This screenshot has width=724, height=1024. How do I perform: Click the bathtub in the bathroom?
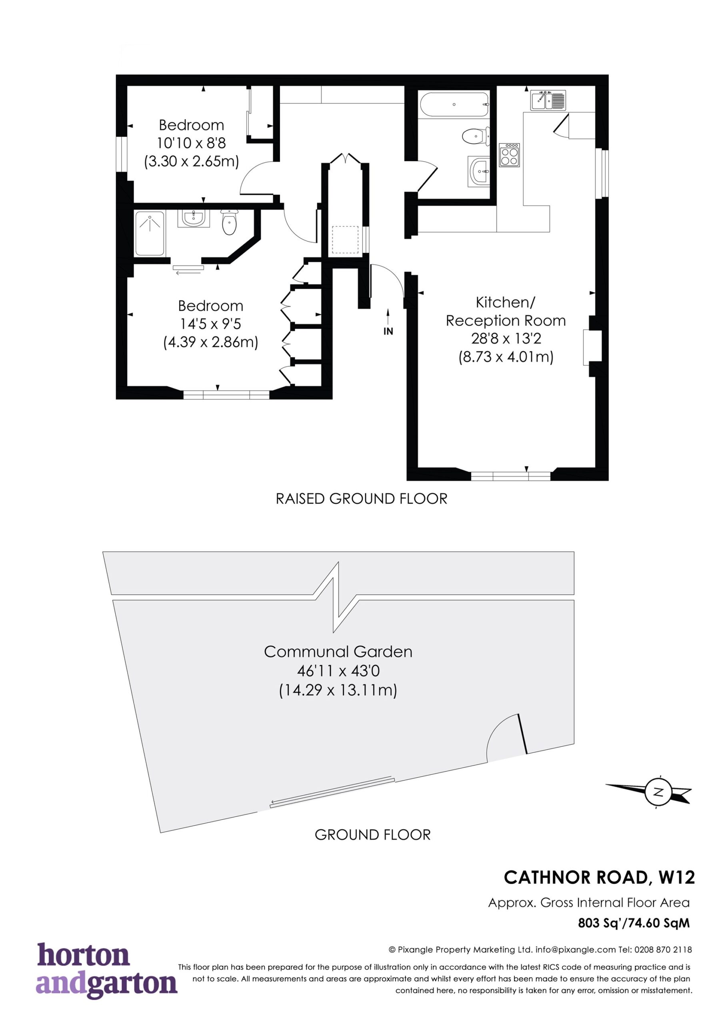pyautogui.click(x=454, y=104)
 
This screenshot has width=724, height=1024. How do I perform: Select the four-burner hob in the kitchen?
pyautogui.click(x=510, y=155)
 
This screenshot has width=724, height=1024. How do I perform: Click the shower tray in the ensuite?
pyautogui.click(x=150, y=233)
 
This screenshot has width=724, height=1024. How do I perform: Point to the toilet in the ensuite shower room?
pyautogui.click(x=229, y=222)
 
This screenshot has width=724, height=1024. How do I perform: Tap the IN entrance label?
pyautogui.click(x=388, y=331)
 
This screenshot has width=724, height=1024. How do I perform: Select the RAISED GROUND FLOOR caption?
pyautogui.click(x=361, y=499)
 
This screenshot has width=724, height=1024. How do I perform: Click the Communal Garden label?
pyautogui.click(x=338, y=652)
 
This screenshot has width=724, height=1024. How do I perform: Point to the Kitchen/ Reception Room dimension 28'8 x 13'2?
pyautogui.click(x=506, y=338)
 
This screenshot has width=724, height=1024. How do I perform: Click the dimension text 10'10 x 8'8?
pyautogui.click(x=191, y=143)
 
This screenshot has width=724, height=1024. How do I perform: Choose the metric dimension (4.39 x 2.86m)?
pyautogui.click(x=210, y=342)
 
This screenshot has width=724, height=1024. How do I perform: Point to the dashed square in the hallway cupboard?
pyautogui.click(x=345, y=240)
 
